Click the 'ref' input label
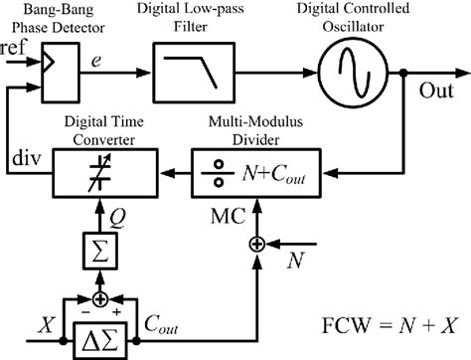tap(16, 49)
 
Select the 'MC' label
tap(229, 211)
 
